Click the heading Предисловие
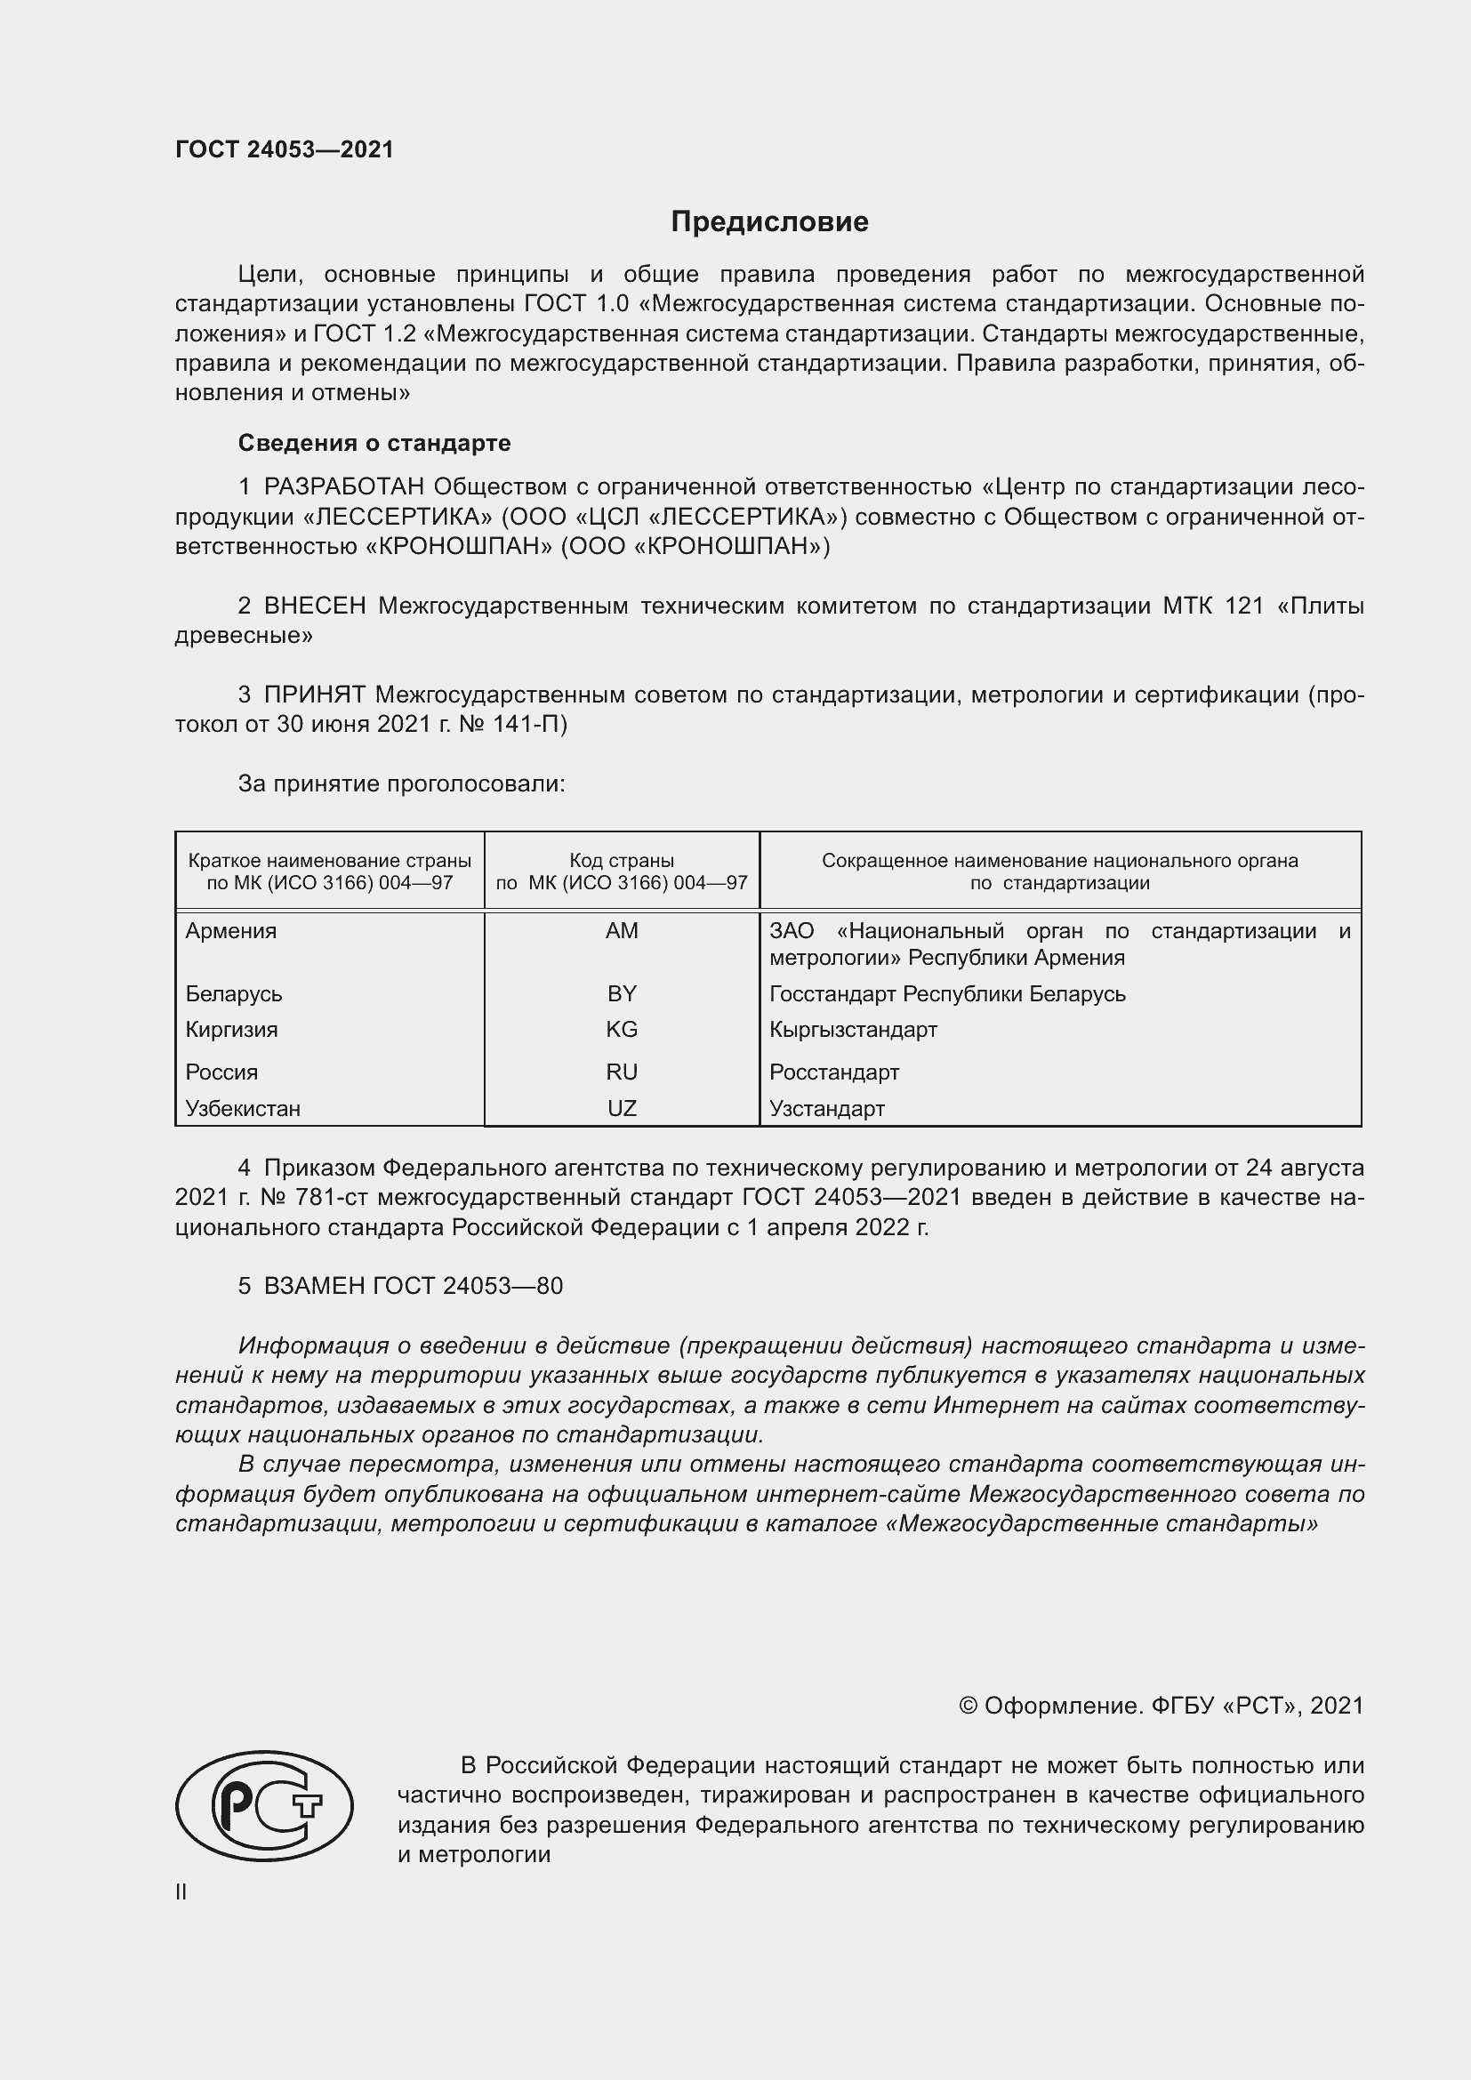pyautogui.click(x=769, y=222)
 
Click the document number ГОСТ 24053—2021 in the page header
pyautogui.click(x=285, y=149)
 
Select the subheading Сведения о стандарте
pyautogui.click(x=374, y=443)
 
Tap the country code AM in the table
pyautogui.click(x=622, y=930)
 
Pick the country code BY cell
pyautogui.click(x=622, y=994)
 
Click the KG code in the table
pyautogui.click(x=622, y=1029)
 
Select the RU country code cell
pyautogui.click(x=622, y=1072)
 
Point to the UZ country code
pyautogui.click(x=622, y=1108)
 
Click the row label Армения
pyautogui.click(x=231, y=930)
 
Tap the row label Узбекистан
pyautogui.click(x=243, y=1108)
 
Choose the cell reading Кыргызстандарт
pyautogui.click(x=852, y=1029)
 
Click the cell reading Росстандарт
pyautogui.click(x=833, y=1072)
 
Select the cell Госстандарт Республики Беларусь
pyautogui.click(x=946, y=994)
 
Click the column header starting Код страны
pyautogui.click(x=622, y=871)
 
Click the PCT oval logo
pyautogui.click(x=263, y=1805)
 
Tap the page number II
pyautogui.click(x=181, y=1891)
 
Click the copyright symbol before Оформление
pyautogui.click(x=968, y=1706)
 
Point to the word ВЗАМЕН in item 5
pyautogui.click(x=314, y=1286)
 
